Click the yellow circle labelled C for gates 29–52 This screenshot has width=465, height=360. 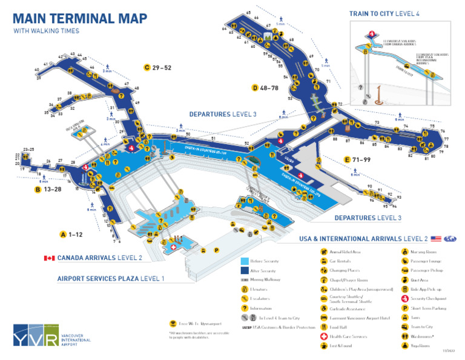coord(147,67)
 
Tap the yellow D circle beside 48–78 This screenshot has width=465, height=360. coord(255,88)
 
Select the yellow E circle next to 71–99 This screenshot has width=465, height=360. coord(347,159)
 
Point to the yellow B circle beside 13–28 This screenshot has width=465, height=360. coord(38,189)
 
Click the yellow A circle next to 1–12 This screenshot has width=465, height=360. coord(63,234)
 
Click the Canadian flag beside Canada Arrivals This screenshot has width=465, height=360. coord(49,258)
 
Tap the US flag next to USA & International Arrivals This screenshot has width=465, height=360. coord(435,239)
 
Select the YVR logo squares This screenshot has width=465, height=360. coord(36,335)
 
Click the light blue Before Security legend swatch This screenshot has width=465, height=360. coord(245,261)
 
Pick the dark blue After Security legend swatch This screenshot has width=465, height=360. coord(245,270)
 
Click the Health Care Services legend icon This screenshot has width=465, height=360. coord(324,335)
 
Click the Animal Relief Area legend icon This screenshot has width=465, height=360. coord(324,252)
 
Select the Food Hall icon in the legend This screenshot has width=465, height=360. coord(324,326)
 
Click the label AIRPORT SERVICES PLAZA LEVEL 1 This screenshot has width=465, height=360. coord(110,279)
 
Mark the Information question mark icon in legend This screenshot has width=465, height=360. coord(245,308)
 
